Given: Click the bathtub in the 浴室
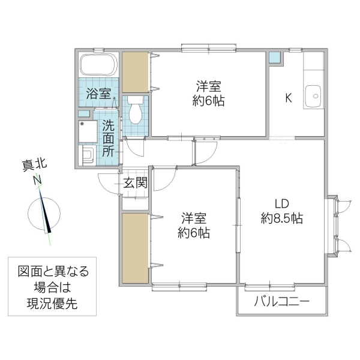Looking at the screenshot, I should [x=98, y=64].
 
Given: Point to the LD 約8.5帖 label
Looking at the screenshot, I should [x=281, y=211].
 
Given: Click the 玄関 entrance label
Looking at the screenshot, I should [x=136, y=183].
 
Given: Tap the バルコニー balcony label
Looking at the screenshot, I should [x=282, y=301].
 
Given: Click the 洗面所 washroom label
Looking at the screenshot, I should [x=108, y=138].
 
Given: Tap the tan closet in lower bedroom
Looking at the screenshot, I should [x=136, y=247].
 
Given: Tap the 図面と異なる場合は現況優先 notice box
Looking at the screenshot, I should [x=53, y=287].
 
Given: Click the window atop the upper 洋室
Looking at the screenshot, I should [x=209, y=49].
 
